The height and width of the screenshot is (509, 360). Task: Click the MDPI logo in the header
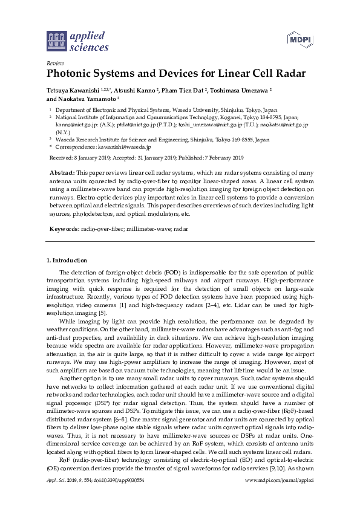point(298,40)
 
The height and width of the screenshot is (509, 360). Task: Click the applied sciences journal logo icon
point(55,41)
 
